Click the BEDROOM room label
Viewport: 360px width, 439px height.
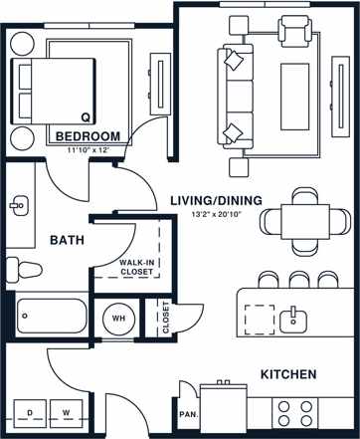tap(88, 136)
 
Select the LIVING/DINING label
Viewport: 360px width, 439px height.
tap(215, 200)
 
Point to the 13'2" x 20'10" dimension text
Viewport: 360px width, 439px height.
tap(216, 214)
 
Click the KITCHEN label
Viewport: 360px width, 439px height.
tap(288, 374)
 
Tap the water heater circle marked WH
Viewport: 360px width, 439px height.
tap(118, 319)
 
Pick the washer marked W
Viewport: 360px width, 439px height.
tap(68, 411)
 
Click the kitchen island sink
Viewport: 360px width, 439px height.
tap(293, 319)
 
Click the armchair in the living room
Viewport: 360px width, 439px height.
tap(295, 33)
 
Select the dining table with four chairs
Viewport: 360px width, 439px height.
tap(303, 218)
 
